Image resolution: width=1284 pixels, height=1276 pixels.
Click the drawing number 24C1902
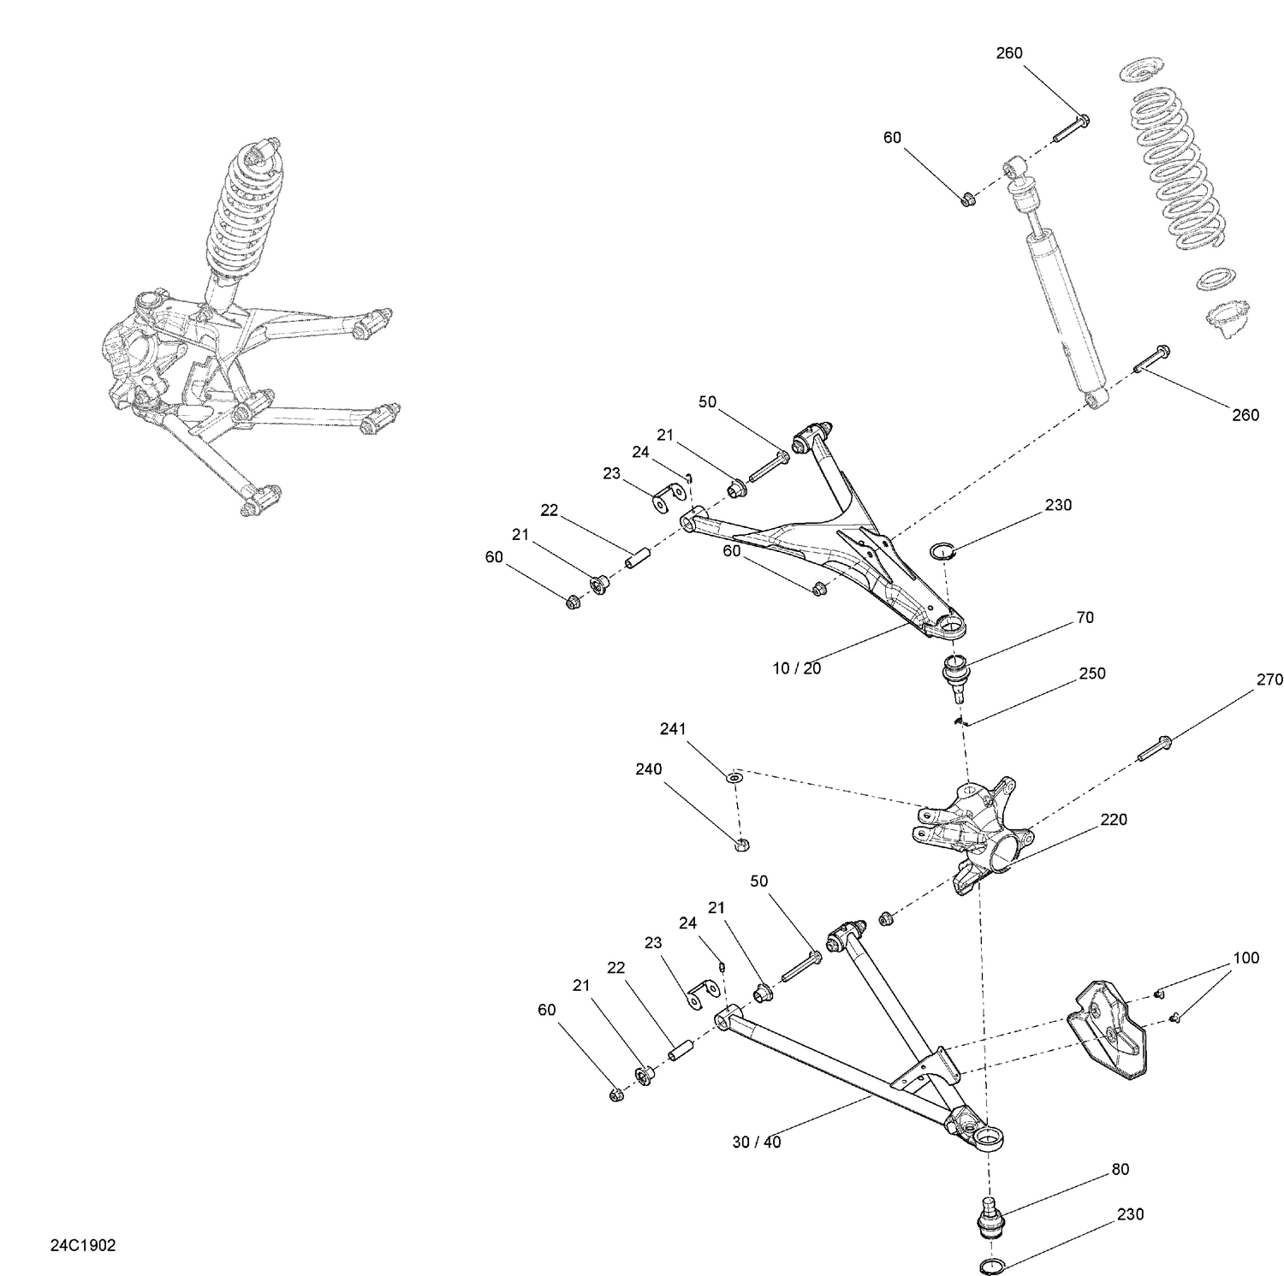click(x=82, y=1245)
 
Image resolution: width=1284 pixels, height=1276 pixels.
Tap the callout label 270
click(x=1269, y=680)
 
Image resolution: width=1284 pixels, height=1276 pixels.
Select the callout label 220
click(x=1114, y=819)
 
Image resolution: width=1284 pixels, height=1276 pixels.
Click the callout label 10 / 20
click(x=796, y=668)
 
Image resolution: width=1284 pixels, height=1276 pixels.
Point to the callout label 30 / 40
click(x=757, y=1142)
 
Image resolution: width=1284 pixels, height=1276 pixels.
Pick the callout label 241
click(x=673, y=729)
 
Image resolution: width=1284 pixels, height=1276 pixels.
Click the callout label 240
click(x=648, y=769)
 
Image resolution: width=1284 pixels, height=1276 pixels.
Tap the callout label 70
click(x=1085, y=617)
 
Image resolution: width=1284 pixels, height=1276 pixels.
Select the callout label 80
click(x=1120, y=1169)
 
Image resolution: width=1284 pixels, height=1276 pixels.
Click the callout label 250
click(x=1092, y=674)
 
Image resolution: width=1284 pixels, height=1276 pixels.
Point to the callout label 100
click(x=1245, y=958)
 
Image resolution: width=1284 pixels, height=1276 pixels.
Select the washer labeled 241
click(x=735, y=778)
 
